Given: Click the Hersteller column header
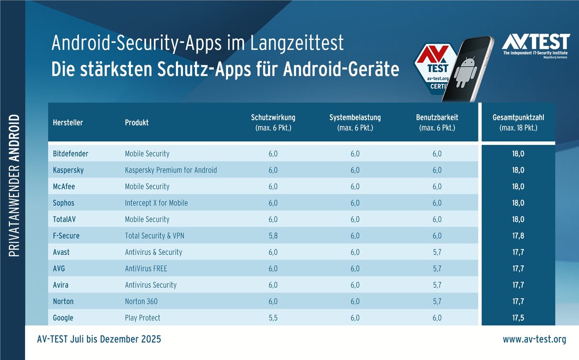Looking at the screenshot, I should pos(68,122).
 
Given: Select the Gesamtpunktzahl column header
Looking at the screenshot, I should pos(518,122).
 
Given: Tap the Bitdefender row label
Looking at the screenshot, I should pos(71,154).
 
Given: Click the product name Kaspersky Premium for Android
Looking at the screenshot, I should pos(171,170).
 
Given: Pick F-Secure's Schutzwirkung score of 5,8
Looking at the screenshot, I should pos(273,236).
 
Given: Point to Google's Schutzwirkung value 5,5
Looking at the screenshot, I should pos(273,318).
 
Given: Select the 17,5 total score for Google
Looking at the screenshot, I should pos(518,318).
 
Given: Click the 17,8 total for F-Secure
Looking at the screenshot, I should pos(518,236).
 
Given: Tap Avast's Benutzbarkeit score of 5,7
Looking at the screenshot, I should pos(436,252).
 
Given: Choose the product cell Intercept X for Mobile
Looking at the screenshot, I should pos(156,203).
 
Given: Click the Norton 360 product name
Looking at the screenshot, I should pos(141,301).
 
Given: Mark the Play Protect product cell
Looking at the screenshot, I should pos(142,318).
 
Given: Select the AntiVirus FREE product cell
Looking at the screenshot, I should pos(146,268).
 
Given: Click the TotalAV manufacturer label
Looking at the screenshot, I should pos(66,219).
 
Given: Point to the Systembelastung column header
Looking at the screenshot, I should pos(355,122).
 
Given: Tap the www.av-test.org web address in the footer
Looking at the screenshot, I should pos(534,340).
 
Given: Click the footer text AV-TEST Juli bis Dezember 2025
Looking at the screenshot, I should pos(99,340).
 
